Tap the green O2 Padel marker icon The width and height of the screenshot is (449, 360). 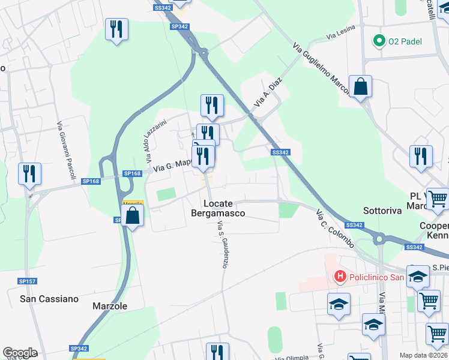[x=379, y=41]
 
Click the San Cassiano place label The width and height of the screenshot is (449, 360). [x=49, y=298]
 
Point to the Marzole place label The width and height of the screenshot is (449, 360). [x=110, y=306]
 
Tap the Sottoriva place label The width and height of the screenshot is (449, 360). [x=381, y=211]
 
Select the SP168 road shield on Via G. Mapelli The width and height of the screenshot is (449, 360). [x=132, y=173]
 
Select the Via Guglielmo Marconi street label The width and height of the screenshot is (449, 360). [x=320, y=70]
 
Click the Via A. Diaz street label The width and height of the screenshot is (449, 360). [x=267, y=95]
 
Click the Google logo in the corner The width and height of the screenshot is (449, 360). [x=20, y=353]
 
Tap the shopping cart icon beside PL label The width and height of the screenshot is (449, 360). [x=438, y=197]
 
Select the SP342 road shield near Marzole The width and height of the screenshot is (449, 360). [x=79, y=349]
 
